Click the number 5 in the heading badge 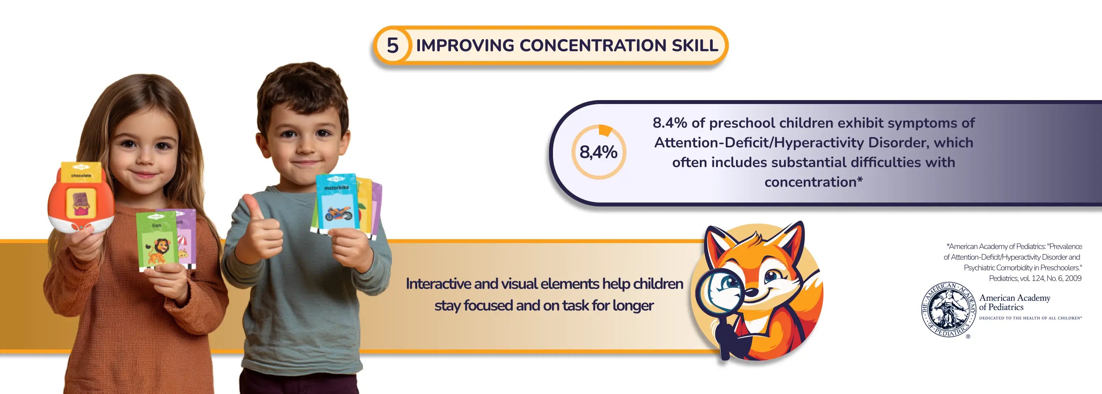pos(392,45)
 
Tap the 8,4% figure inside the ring pos(598,152)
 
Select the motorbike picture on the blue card pos(338,213)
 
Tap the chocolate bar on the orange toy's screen pos(80,203)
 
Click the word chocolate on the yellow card pos(81,176)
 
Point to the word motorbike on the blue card pos(336,188)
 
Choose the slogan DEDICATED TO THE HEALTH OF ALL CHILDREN pos(1030,318)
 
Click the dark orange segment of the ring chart pos(605,131)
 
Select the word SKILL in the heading pos(695,45)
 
